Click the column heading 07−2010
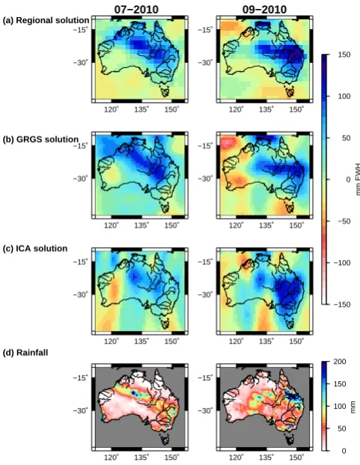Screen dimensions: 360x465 [136, 10]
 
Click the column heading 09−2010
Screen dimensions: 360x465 [264, 10]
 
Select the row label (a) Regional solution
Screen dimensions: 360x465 [46, 20]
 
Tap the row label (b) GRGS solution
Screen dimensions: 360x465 [40, 139]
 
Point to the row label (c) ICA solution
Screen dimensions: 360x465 [35, 249]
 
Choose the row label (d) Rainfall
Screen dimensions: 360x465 [25, 353]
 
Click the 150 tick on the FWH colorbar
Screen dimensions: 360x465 [344, 55]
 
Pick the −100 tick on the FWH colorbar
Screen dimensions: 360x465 [342, 263]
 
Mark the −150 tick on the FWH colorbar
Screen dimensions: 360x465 [342, 305]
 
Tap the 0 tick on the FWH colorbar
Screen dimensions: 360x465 [348, 180]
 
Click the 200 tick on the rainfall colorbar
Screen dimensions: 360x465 [340, 362]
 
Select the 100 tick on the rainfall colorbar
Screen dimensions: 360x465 [340, 407]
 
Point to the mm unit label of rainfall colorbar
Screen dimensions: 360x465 [353, 407]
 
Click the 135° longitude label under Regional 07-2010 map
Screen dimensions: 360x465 [141, 110]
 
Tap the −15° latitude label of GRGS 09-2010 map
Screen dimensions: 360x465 [205, 146]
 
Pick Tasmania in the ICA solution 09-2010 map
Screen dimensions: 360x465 [290, 323]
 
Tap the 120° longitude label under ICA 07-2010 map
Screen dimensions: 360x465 [112, 341]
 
